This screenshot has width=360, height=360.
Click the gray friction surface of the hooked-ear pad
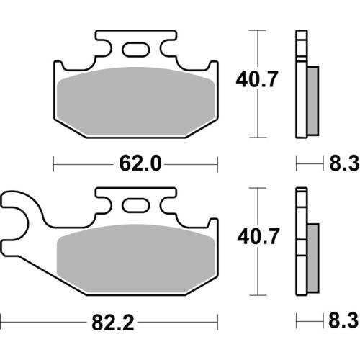(x=136, y=260)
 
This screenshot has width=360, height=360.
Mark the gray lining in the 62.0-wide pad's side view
(x=313, y=101)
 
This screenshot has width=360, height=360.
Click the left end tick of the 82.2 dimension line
(x=2, y=318)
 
